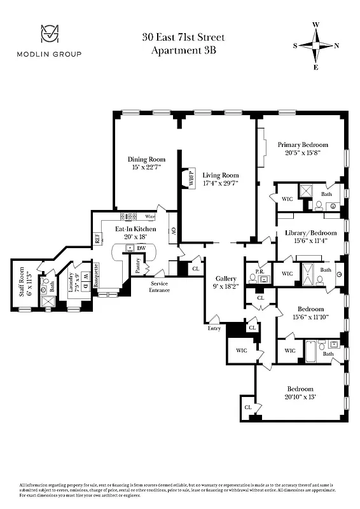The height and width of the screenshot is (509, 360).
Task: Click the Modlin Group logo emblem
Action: point(48,33)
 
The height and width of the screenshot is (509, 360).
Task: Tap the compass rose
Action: point(315,45)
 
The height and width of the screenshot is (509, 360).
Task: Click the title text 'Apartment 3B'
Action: point(183,51)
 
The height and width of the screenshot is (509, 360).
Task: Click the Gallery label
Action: point(226,279)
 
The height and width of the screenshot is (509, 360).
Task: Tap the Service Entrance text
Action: point(160,287)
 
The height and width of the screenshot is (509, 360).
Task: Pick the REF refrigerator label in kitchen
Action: point(97,239)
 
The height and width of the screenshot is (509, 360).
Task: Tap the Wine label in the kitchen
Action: point(150,216)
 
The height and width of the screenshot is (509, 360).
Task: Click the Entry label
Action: point(214,328)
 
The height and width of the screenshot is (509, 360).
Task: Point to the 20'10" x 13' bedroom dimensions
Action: point(301,396)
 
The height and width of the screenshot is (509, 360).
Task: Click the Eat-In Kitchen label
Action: point(135,229)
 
